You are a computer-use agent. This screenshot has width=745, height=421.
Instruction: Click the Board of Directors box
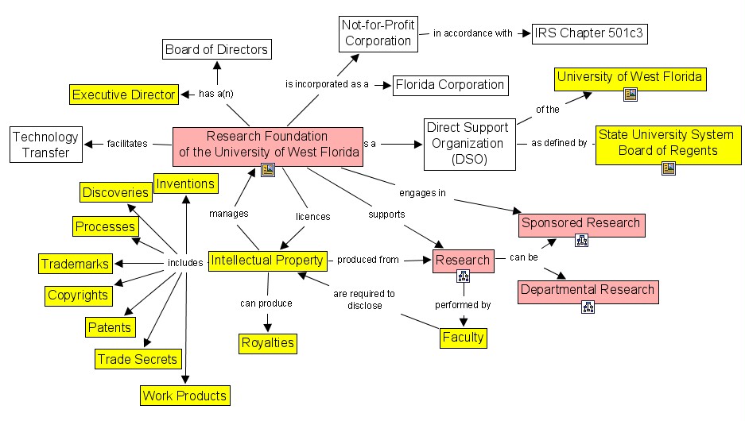217,50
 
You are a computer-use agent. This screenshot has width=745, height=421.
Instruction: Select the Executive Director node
123,95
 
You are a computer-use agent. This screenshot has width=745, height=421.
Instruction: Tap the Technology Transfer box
45,145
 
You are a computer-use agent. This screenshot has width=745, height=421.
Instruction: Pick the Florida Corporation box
449,84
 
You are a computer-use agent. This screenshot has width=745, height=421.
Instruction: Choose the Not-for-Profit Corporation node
378,33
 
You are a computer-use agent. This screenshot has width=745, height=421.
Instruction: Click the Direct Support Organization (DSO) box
465,145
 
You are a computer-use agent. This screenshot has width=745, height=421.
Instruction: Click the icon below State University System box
668,168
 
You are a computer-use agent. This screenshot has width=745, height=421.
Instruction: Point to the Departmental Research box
587,290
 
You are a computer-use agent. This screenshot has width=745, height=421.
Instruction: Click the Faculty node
463,337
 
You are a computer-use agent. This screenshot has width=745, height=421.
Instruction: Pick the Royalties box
267,343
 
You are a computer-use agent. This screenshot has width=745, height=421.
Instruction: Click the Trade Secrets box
137,359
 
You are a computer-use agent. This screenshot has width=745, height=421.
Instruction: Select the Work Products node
184,395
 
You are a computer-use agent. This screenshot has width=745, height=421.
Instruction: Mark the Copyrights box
77,295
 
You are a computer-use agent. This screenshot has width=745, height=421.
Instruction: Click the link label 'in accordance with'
473,34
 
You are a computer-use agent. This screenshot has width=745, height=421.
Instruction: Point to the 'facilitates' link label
126,144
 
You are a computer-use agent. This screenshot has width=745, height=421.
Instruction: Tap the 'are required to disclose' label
363,299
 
